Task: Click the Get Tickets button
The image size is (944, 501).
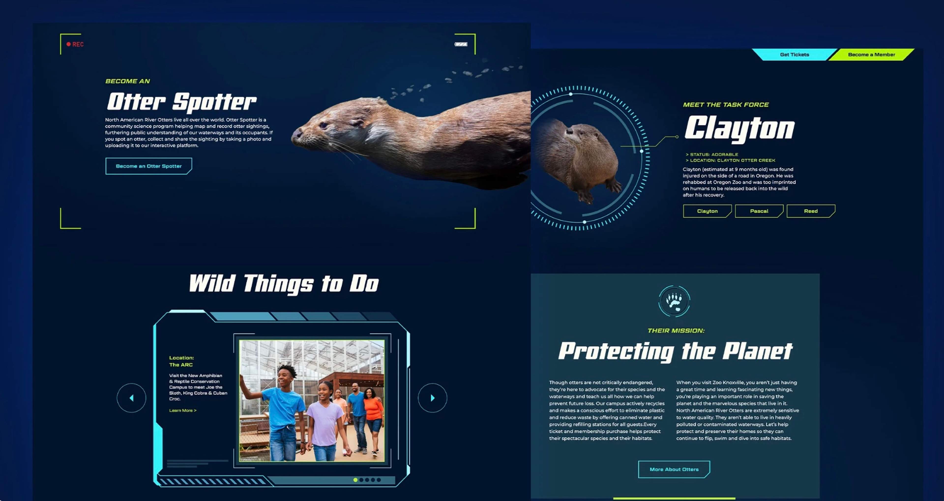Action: [794, 55]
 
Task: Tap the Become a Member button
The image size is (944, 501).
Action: [871, 55]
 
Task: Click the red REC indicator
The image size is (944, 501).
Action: [75, 44]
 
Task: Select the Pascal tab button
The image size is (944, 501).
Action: [759, 211]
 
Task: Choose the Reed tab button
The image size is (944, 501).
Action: [811, 211]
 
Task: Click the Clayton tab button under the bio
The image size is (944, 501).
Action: [707, 211]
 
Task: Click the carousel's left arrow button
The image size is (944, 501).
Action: [132, 398]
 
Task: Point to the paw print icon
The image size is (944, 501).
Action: [674, 301]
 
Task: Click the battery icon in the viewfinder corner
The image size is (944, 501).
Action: [461, 44]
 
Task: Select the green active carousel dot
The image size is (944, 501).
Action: [355, 480]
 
